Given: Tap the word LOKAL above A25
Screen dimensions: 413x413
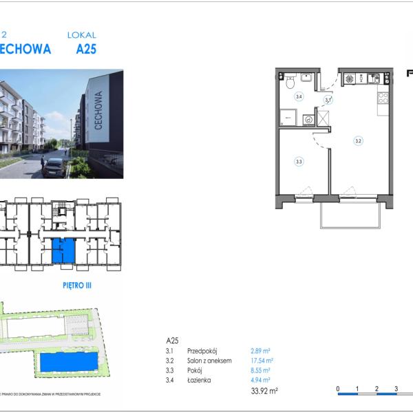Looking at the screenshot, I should click(81, 34).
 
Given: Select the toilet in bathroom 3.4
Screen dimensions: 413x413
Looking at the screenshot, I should click(291, 83).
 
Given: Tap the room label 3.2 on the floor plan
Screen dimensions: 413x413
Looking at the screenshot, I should click(358, 140).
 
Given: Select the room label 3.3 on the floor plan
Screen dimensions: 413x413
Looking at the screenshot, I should click(299, 162).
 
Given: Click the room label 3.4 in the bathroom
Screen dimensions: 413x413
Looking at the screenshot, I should click(299, 97).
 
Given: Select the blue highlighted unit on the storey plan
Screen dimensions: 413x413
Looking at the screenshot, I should click(63, 251).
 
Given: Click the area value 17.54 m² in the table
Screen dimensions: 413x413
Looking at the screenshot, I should click(261, 360).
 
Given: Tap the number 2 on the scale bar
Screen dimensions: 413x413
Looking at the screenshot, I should click(377, 389).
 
